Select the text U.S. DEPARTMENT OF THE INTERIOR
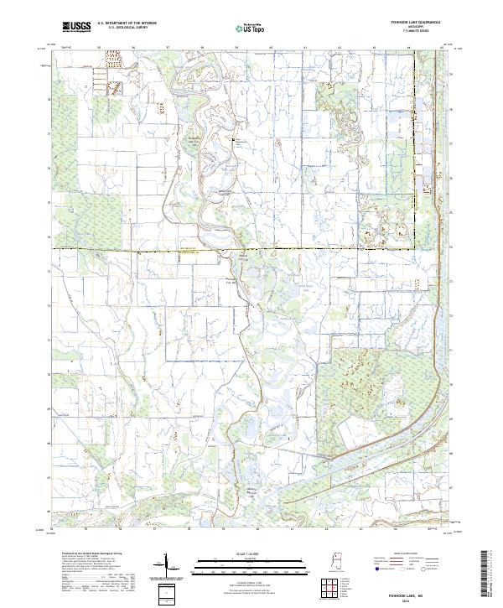(127, 24)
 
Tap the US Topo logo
(251, 29)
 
